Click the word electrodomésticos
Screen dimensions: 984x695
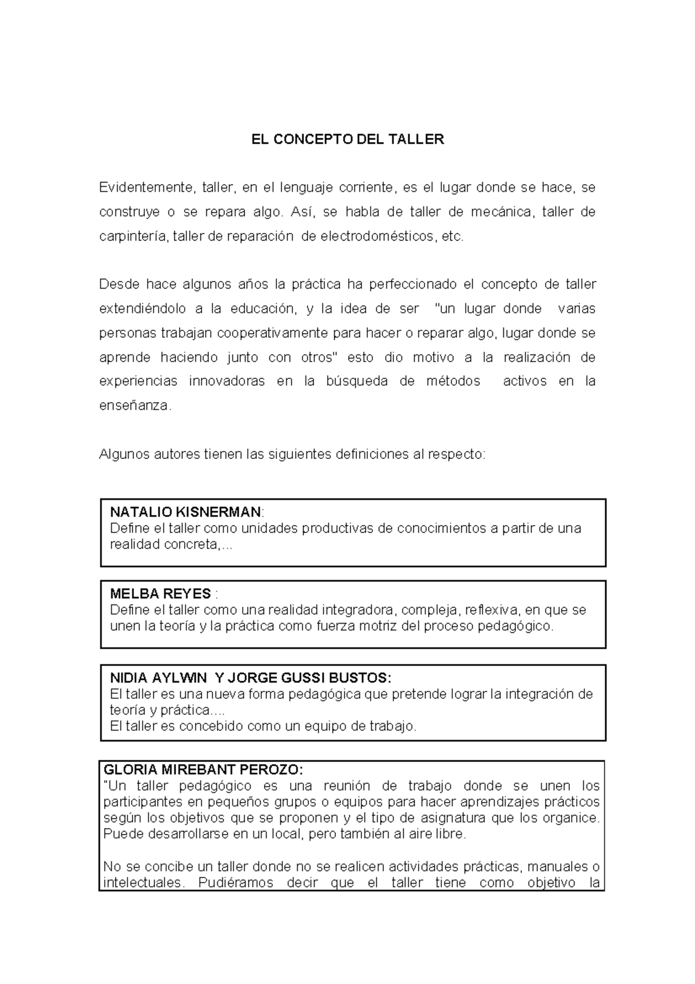tap(376, 236)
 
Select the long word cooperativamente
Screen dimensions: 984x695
tap(272, 333)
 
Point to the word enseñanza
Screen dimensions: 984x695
tap(136, 406)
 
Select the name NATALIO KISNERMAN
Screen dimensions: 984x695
tap(185, 512)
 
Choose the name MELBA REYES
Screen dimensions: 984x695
tap(160, 594)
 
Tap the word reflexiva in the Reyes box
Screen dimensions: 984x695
tap(491, 610)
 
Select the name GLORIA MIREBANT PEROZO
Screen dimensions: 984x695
tap(202, 770)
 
